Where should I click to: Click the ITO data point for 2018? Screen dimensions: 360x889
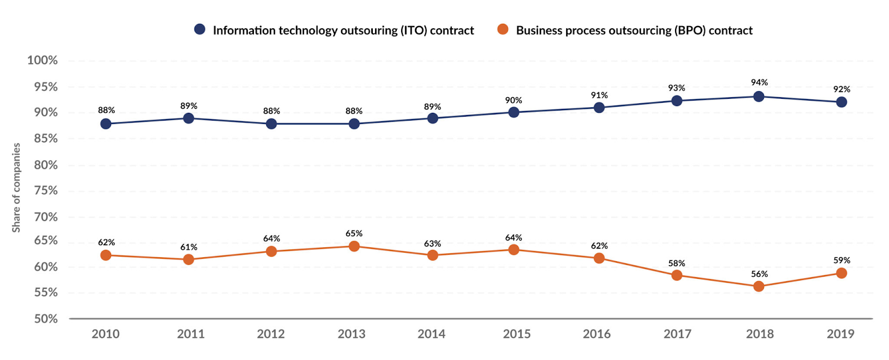coord(758,96)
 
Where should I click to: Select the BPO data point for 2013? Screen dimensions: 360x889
coord(354,246)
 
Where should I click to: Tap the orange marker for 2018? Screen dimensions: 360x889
coord(758,286)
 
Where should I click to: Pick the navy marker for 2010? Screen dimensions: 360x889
coord(106,123)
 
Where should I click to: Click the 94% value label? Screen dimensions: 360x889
coord(759,82)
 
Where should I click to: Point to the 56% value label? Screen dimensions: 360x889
coord(759,274)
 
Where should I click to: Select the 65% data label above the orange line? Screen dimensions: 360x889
coord(354,233)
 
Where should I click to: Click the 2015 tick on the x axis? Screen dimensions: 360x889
coord(517,334)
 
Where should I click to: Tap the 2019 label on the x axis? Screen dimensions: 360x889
coord(840,334)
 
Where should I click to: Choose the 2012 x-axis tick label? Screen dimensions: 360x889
coord(271,334)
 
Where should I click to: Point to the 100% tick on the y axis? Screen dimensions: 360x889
coord(42,60)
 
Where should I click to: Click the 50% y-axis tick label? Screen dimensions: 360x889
coord(46,319)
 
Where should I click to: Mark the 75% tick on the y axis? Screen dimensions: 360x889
coord(46,191)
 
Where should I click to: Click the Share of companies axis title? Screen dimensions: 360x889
coord(16,188)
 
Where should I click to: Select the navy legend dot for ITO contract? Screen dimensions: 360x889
coord(199,29)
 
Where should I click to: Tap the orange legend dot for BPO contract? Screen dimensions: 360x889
coord(503,29)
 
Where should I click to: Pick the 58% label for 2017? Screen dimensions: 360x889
coord(676,263)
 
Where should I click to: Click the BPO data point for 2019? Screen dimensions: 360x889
coord(841,273)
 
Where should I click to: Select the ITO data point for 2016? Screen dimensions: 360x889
coord(599,107)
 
